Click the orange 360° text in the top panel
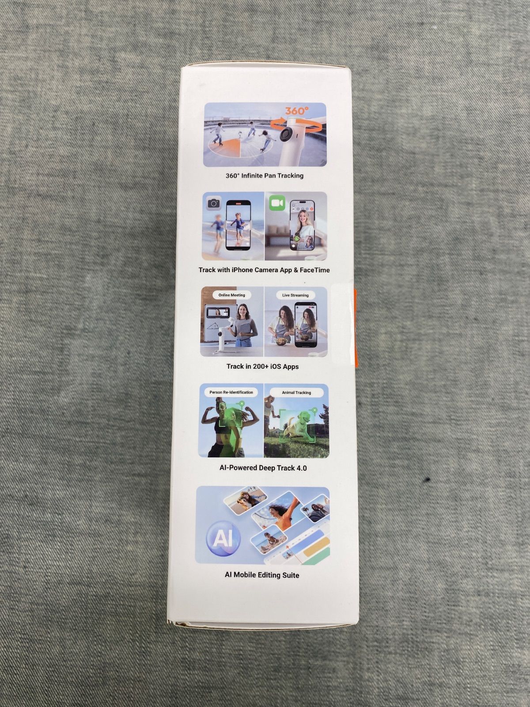(x=297, y=110)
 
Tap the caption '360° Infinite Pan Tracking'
(x=265, y=175)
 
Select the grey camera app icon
(x=213, y=203)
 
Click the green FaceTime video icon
(x=277, y=203)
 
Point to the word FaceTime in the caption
(x=315, y=270)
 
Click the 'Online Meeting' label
(x=232, y=295)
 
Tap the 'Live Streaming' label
(x=295, y=295)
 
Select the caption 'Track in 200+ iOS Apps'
(x=263, y=367)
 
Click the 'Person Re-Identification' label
(x=231, y=392)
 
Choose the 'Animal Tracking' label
(x=296, y=393)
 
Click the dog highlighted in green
(x=298, y=425)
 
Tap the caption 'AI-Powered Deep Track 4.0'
(x=263, y=468)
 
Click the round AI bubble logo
(x=223, y=538)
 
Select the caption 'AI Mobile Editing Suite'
(x=262, y=575)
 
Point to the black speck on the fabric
(x=428, y=479)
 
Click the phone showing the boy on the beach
(x=238, y=225)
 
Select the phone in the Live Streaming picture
(x=306, y=325)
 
